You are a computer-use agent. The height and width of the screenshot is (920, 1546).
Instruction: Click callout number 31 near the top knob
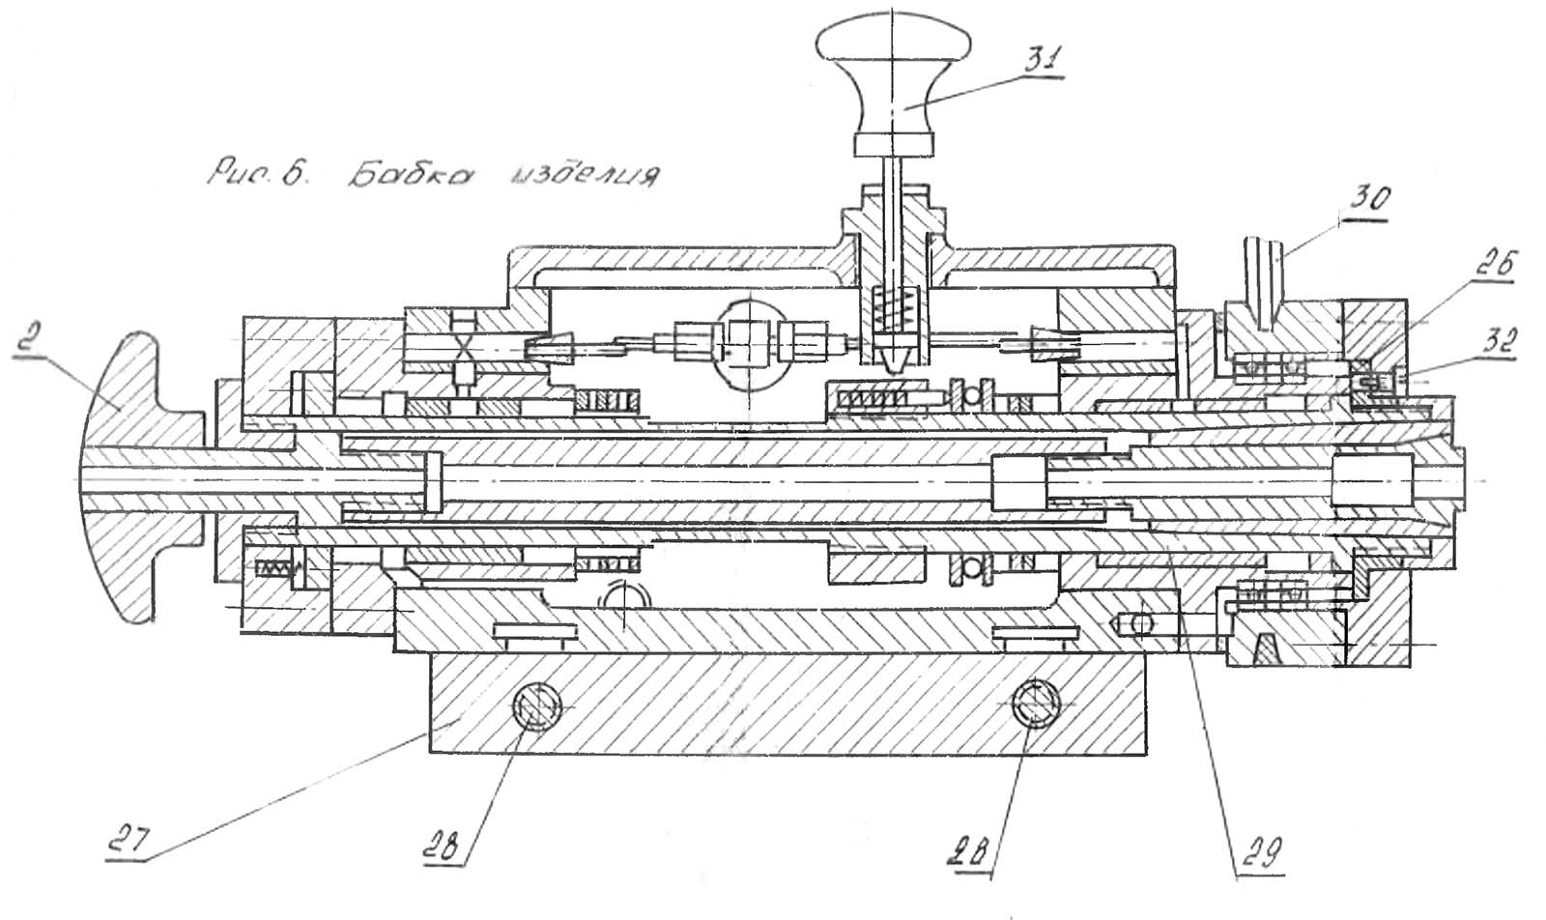(x=1043, y=59)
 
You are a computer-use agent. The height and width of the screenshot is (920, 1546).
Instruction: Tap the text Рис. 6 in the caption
(x=256, y=174)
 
